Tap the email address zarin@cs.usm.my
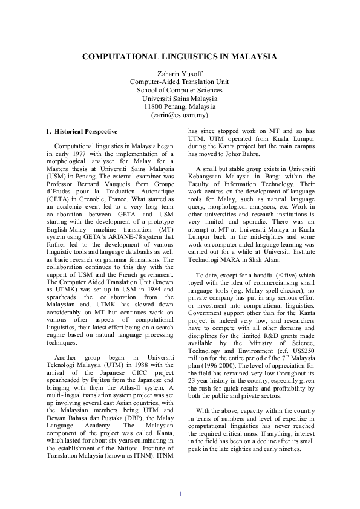[x=180, y=114]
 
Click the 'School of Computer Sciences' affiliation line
[x=180, y=90]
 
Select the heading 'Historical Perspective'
[x=85, y=131]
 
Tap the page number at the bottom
[x=180, y=495]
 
